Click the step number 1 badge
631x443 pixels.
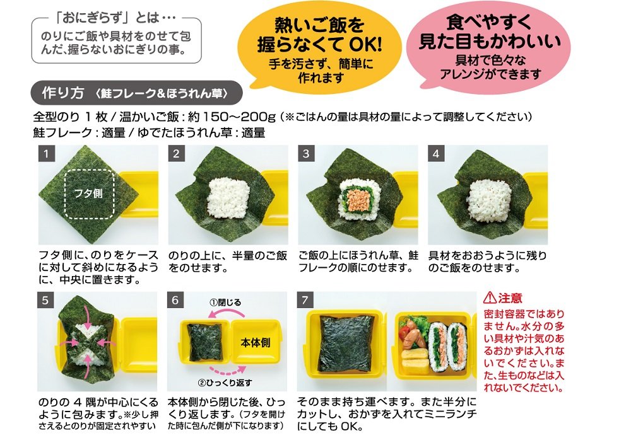(46, 154)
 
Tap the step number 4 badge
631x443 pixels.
(436, 154)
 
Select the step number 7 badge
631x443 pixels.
(305, 301)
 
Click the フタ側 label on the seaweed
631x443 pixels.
(88, 193)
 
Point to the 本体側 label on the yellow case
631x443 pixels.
(255, 343)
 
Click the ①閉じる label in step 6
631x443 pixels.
(225, 302)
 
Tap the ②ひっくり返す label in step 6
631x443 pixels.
(225, 383)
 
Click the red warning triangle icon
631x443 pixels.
(490, 298)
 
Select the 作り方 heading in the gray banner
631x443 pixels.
(62, 93)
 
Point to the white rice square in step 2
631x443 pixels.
(228, 197)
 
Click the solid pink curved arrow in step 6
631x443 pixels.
(226, 313)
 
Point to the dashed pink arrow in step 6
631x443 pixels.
(228, 370)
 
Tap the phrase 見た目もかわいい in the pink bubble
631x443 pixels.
(490, 42)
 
